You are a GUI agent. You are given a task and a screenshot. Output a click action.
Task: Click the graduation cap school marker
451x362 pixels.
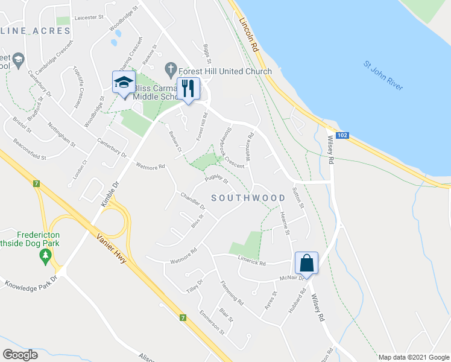click(x=123, y=83)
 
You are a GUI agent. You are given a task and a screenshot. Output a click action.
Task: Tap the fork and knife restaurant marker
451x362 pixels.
click(x=188, y=88)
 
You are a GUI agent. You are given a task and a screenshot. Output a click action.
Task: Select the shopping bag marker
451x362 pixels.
click(x=306, y=263)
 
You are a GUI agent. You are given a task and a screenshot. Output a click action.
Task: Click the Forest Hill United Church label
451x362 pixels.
click(x=225, y=71)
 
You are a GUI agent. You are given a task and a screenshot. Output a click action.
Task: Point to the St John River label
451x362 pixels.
click(x=383, y=75)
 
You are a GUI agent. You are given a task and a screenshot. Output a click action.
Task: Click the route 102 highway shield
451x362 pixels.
click(x=342, y=136)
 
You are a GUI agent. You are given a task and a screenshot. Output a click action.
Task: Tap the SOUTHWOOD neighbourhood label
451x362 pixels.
click(x=248, y=198)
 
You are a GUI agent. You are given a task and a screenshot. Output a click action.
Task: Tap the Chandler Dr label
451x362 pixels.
click(x=193, y=201)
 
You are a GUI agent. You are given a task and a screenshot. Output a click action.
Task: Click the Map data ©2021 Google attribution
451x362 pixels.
click(x=414, y=357)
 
